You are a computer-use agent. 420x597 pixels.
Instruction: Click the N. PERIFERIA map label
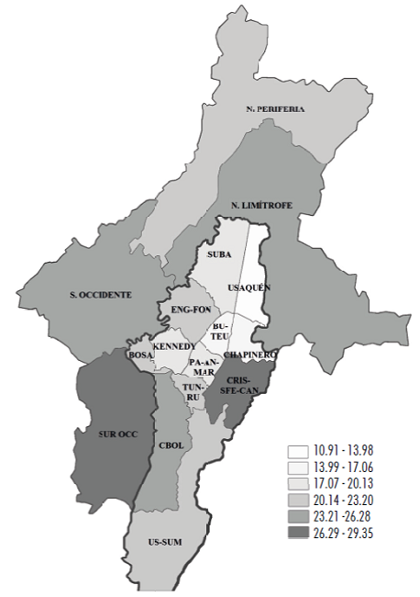[274, 109]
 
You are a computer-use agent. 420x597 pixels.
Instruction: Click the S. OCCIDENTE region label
[100, 295]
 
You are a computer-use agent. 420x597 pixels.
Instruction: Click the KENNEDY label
[173, 345]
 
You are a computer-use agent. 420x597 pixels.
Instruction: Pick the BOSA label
[140, 354]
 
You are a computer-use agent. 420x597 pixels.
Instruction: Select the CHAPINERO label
[249, 354]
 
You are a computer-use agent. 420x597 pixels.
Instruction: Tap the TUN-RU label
[193, 393]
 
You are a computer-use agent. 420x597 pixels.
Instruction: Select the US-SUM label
[165, 543]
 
